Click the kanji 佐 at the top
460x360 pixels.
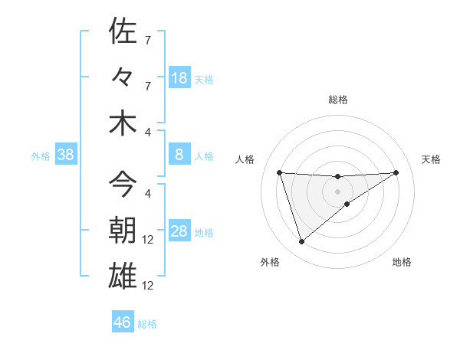click(123, 31)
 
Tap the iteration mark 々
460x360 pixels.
click(123, 77)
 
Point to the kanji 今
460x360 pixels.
click(123, 184)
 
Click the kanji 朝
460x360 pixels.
click(123, 229)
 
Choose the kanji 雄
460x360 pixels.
click(123, 275)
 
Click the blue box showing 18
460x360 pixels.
click(179, 78)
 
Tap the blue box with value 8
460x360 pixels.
click(179, 155)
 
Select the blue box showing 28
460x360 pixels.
click(179, 232)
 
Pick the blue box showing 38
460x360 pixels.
click(66, 155)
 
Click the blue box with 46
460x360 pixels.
click(123, 322)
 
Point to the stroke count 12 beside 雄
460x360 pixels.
click(149, 286)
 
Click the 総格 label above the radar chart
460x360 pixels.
click(338, 100)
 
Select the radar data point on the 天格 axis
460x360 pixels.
click(396, 172)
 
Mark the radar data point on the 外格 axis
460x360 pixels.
click(301, 242)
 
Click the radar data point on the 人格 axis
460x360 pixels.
click(279, 172)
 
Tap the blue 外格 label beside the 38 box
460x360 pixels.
click(41, 156)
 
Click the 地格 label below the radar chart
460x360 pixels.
click(402, 262)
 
